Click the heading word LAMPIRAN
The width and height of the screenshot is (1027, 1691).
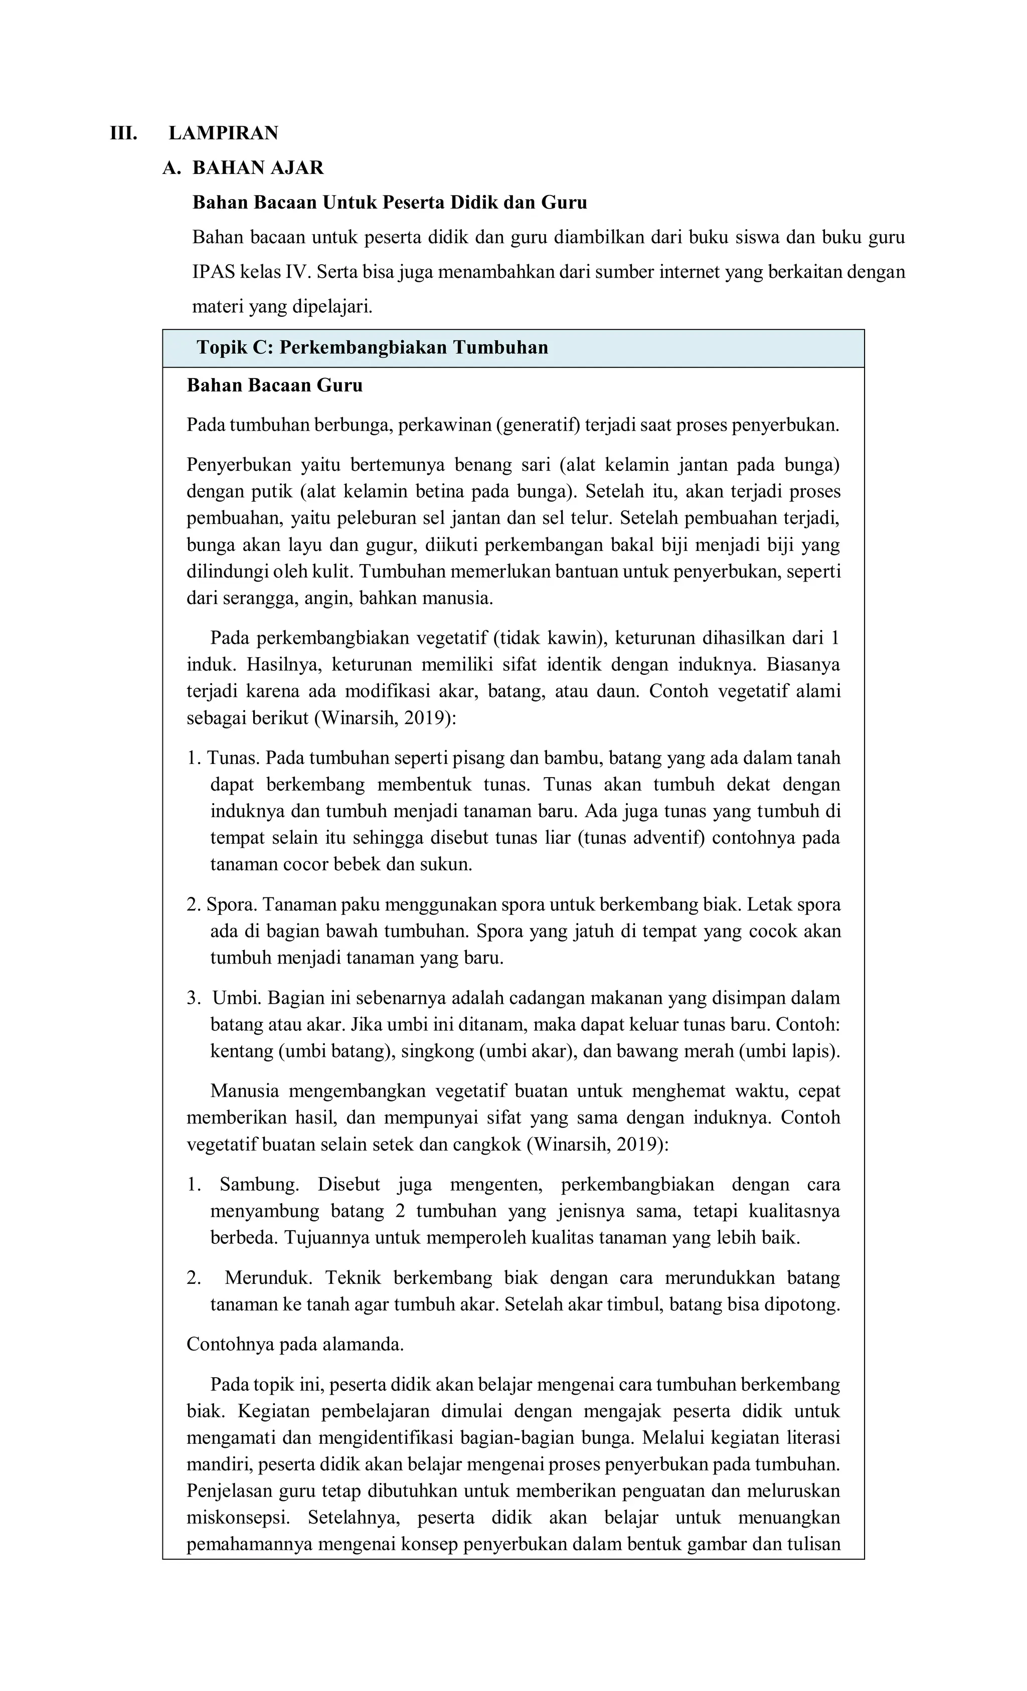(223, 133)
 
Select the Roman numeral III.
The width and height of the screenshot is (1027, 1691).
(123, 133)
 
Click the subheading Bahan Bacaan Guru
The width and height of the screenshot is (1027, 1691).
(275, 386)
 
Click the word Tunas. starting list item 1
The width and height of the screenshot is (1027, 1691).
(233, 759)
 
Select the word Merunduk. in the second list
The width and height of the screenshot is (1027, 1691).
(268, 1278)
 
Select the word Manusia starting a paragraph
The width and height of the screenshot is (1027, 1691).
(244, 1092)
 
